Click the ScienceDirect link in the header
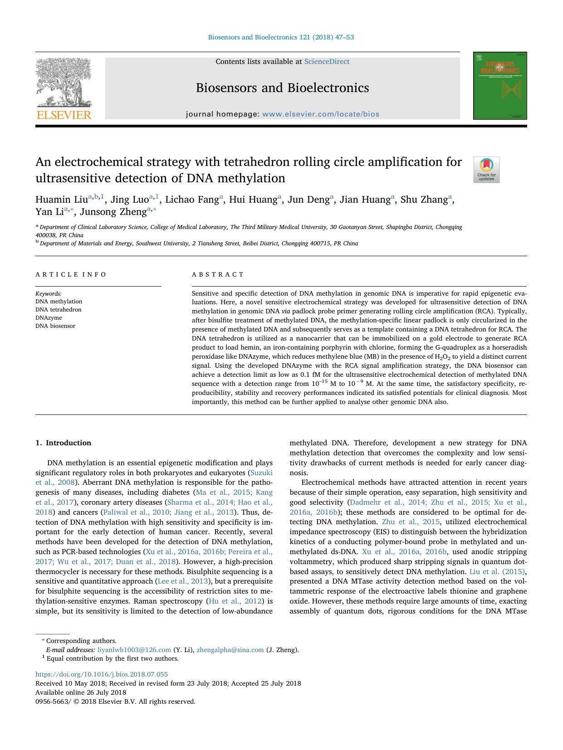click(x=327, y=62)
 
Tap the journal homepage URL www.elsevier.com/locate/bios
click(x=321, y=114)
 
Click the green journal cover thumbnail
click(x=500, y=86)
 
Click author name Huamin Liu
click(x=62, y=200)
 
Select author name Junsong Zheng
click(x=113, y=212)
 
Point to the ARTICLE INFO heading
click(x=71, y=274)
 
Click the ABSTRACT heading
click(x=218, y=274)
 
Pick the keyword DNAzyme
click(x=49, y=318)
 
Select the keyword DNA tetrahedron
click(x=59, y=310)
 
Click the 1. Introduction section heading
click(x=64, y=443)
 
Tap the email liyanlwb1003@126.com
click(x=134, y=650)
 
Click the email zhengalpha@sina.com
click(x=230, y=650)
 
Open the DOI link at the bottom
click(x=102, y=674)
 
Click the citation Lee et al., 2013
click(x=182, y=581)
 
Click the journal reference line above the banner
click(x=281, y=37)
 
